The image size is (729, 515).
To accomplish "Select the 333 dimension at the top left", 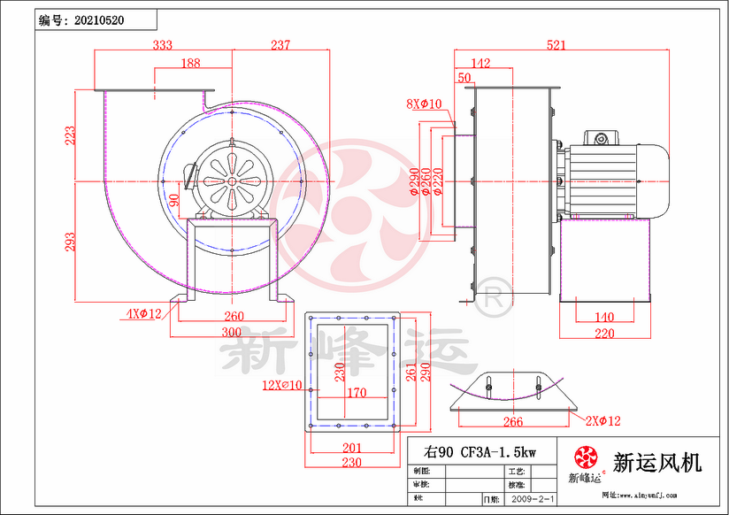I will pyautogui.click(x=163, y=44).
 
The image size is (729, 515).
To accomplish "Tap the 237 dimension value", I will pyautogui.click(x=280, y=44).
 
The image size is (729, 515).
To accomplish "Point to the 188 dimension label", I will pyautogui.click(x=190, y=63).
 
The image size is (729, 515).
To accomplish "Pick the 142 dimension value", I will pyautogui.click(x=480, y=63).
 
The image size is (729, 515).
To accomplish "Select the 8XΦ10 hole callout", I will pyautogui.click(x=424, y=104).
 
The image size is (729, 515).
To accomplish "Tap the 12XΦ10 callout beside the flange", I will pyautogui.click(x=282, y=385).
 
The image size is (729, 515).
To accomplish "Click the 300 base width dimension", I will pyautogui.click(x=232, y=332).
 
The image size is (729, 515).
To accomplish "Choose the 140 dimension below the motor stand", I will pyautogui.click(x=603, y=317).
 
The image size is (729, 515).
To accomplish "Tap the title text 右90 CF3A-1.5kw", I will pyautogui.click(x=479, y=452).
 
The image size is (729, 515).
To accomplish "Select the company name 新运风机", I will pyautogui.click(x=656, y=462).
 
